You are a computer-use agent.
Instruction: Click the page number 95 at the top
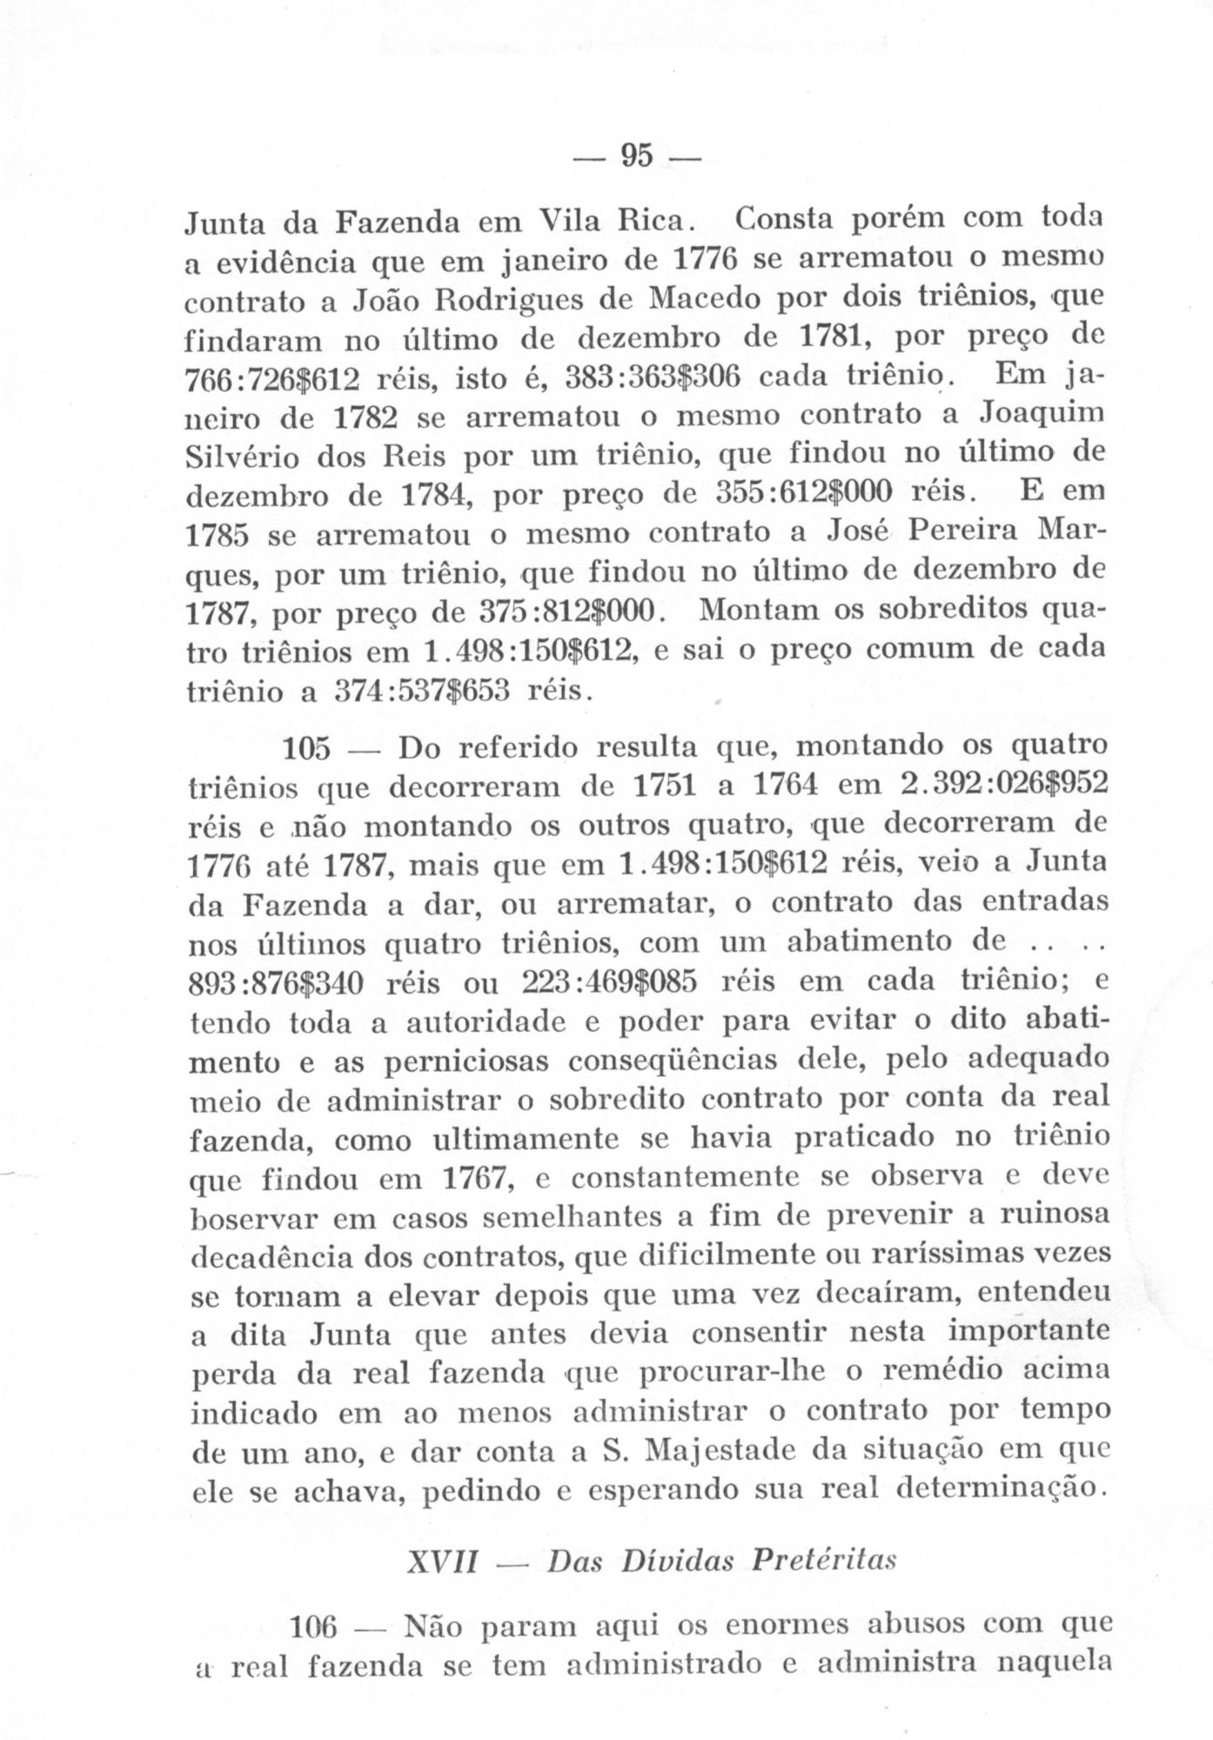point(636,156)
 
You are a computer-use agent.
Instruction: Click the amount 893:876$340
point(277,984)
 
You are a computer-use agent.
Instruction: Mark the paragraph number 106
point(317,1626)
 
